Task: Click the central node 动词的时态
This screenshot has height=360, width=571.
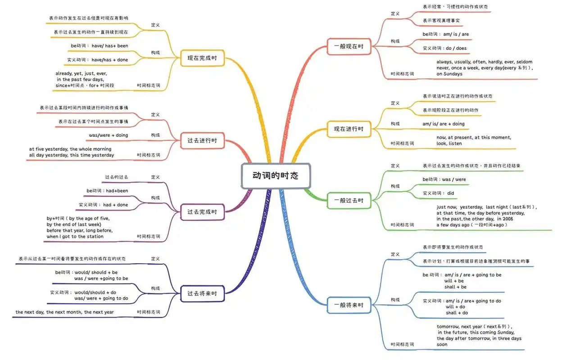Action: (275, 176)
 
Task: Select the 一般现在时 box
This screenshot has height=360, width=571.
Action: (349, 46)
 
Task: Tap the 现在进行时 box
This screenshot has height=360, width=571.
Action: (349, 129)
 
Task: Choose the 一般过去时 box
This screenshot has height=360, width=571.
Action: (349, 200)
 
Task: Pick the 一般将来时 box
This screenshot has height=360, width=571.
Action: (349, 306)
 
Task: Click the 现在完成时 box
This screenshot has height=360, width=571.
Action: (202, 58)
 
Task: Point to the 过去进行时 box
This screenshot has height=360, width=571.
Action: (202, 141)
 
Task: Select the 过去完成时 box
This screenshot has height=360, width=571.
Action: (202, 212)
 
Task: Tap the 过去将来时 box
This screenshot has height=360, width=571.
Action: (202, 294)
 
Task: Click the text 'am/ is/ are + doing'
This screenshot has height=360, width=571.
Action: (443, 124)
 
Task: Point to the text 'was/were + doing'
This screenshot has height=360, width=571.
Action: (109, 135)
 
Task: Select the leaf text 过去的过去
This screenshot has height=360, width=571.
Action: (116, 177)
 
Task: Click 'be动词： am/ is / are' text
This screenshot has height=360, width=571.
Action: (445, 34)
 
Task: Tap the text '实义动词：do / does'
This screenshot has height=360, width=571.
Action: (444, 48)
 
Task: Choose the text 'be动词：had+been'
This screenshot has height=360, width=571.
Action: (107, 191)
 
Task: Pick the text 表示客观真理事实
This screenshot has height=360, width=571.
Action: (441, 21)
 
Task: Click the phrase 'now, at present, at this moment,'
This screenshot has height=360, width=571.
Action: (474, 137)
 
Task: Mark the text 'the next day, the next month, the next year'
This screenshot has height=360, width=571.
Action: (64, 312)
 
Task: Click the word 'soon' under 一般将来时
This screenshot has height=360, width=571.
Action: (442, 345)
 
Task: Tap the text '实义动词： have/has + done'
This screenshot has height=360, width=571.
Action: (97, 60)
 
